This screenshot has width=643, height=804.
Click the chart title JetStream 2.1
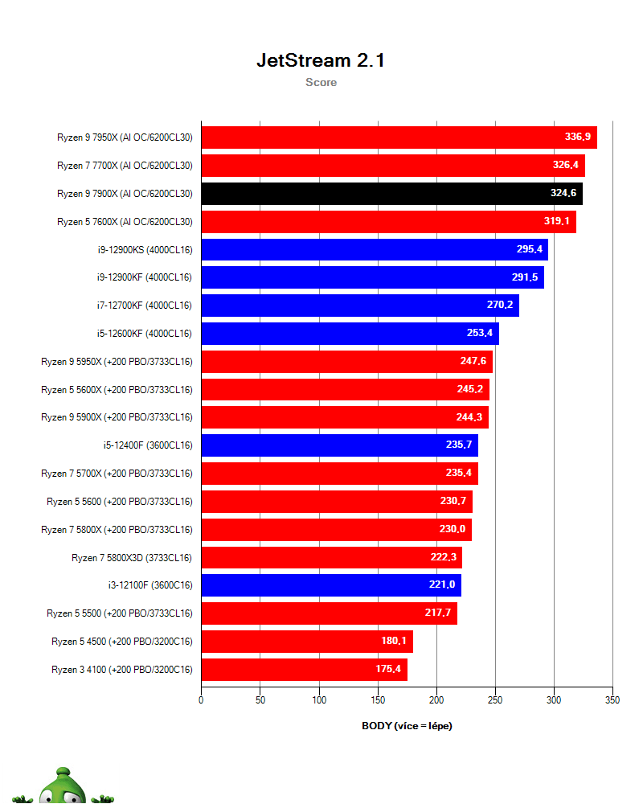pos(321,60)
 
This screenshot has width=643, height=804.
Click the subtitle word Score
pos(321,82)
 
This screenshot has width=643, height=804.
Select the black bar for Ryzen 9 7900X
pos(391,194)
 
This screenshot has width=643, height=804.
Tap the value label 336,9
pos(577,137)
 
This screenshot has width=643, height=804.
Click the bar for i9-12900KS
pos(374,249)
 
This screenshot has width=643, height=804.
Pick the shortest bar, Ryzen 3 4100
pos(304,670)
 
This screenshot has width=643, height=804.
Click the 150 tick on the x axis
pos(378,700)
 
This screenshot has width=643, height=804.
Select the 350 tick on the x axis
pos(612,700)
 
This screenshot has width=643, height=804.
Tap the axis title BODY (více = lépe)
pos(407,725)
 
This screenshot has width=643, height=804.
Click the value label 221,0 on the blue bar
pos(442,585)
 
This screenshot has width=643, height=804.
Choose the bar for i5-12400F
pos(339,445)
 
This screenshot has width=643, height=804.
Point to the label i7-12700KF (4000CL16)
pos(144,306)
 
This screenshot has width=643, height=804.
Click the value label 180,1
pos(394,642)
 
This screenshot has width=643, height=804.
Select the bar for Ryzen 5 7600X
pos(388,221)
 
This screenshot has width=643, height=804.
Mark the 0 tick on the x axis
pos(201,700)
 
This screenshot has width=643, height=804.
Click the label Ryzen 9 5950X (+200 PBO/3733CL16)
pos(117,362)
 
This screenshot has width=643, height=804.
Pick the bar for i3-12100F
pos(330,585)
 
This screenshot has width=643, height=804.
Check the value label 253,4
pos(480,334)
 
